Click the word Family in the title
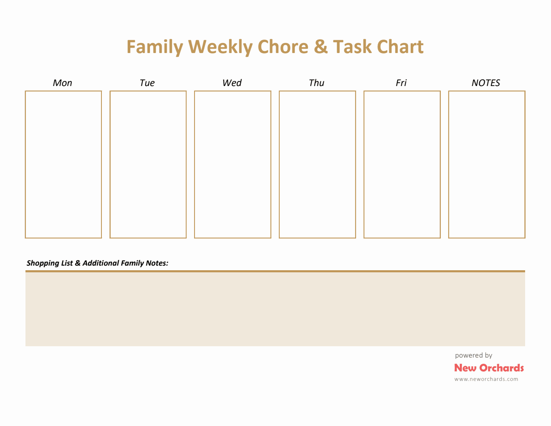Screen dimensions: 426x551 [x=154, y=47]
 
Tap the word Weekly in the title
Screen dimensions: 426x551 [x=220, y=47]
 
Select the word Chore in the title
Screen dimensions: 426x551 [x=283, y=46]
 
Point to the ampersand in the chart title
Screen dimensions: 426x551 [x=321, y=46]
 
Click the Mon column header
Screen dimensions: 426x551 [x=63, y=83]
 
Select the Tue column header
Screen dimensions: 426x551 [x=147, y=83]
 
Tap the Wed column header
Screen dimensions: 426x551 [x=232, y=83]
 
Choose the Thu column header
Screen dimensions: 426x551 [x=316, y=83]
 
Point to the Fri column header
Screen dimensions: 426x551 [x=401, y=83]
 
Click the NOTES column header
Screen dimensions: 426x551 [x=485, y=83]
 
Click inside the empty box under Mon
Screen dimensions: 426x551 [x=63, y=165]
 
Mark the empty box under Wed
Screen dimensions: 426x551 [x=233, y=165]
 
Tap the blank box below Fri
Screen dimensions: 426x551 [x=402, y=165]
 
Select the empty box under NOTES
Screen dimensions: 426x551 [x=487, y=165]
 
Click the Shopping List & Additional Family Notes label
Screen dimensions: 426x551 [x=97, y=263]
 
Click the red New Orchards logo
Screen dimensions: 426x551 [x=489, y=368]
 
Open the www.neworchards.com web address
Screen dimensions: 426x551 [x=486, y=379]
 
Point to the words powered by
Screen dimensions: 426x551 [x=473, y=355]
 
